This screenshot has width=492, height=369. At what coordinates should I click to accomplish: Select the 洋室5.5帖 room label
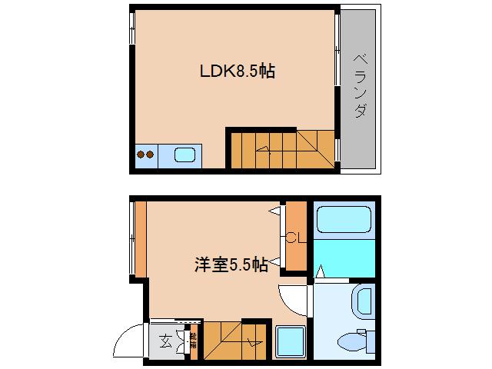pos(231,265)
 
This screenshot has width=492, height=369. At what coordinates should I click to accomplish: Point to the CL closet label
pos(296,238)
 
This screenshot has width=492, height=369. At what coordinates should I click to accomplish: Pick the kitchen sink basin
pos(185,155)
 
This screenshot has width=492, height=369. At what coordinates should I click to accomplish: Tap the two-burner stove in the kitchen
pos(147,155)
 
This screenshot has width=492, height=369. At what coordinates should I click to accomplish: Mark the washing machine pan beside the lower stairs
pos(291,341)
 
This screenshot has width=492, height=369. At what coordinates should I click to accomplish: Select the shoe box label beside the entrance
pos(193,338)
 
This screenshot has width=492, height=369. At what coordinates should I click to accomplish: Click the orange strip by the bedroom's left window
pos(140,238)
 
